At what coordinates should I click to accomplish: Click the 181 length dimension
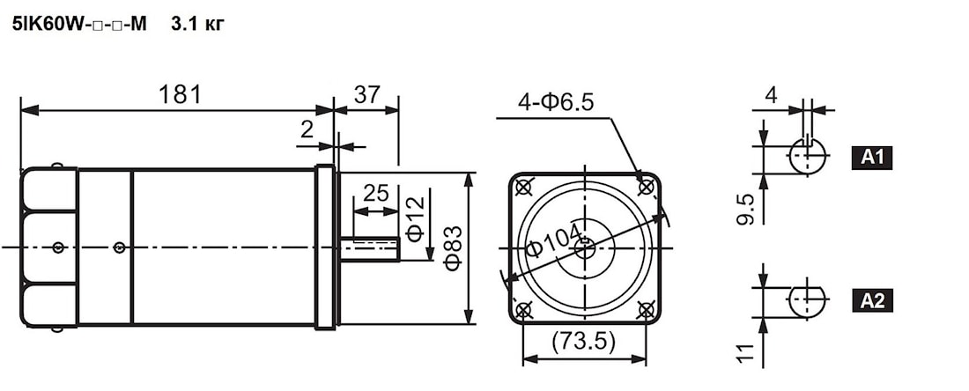point(181,94)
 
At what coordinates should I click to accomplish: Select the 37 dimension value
point(367,94)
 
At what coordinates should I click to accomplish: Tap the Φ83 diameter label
point(454,247)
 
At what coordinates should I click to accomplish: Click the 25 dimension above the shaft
point(376,194)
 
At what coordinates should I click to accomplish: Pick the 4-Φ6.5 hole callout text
point(556,102)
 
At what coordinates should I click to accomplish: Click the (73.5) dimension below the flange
point(584,342)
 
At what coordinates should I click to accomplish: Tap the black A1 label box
point(871,159)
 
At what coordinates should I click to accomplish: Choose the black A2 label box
point(871,301)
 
